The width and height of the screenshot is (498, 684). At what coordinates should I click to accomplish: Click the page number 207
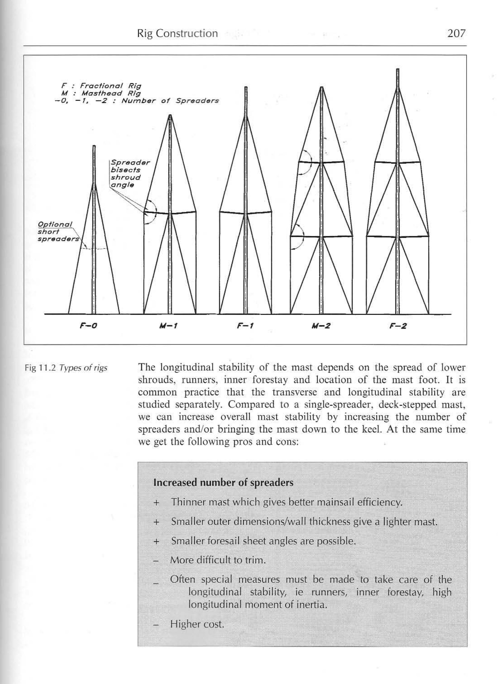pos(457,33)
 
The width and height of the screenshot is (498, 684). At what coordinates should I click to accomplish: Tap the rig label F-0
pos(88,326)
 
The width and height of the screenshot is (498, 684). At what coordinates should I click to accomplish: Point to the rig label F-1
pos(245,326)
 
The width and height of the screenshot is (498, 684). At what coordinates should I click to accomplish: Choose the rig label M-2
pos(321,326)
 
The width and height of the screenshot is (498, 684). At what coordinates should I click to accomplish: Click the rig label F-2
pos(398,326)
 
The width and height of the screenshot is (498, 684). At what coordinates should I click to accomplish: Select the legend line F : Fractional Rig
pos(101,86)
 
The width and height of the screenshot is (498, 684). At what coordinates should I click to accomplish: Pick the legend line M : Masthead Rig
pos(101,93)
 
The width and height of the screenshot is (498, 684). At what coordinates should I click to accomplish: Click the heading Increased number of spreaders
pos(223,483)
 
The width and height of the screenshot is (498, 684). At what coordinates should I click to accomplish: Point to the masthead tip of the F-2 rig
pos(397,70)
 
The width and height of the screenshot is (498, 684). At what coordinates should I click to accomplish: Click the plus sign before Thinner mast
pos(156,503)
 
